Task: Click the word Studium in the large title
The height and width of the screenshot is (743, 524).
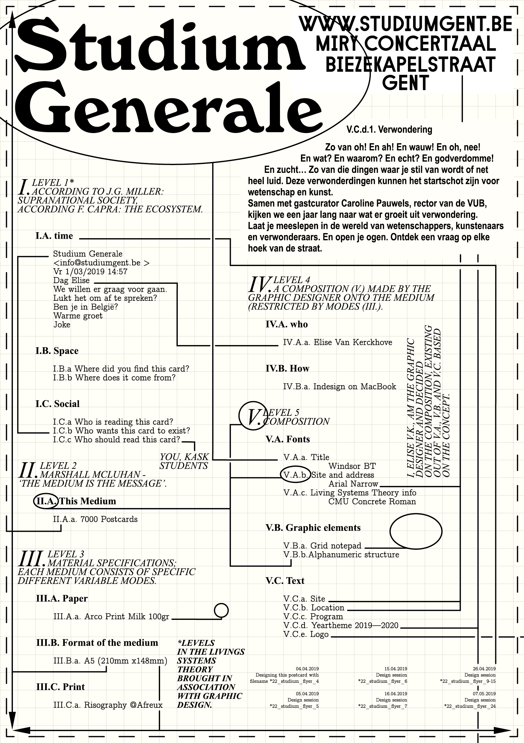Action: [159, 45]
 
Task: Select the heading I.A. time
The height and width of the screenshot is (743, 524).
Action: [54, 236]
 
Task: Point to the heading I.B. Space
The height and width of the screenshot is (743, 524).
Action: [57, 351]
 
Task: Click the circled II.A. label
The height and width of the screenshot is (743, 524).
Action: [46, 501]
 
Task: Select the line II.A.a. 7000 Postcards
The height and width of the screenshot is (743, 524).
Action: [95, 519]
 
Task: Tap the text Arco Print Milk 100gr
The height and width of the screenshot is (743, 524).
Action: [127, 617]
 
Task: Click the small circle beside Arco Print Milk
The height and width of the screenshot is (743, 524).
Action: [222, 610]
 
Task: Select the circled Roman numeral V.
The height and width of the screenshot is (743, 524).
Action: [253, 416]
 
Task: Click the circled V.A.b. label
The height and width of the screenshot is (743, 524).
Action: [295, 475]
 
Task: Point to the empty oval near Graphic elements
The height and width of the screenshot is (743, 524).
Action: [416, 531]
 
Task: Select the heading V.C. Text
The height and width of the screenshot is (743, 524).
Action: [285, 581]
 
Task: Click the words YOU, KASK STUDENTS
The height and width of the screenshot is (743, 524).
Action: [184, 461]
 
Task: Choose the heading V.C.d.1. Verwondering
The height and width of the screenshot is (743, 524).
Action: [389, 130]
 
